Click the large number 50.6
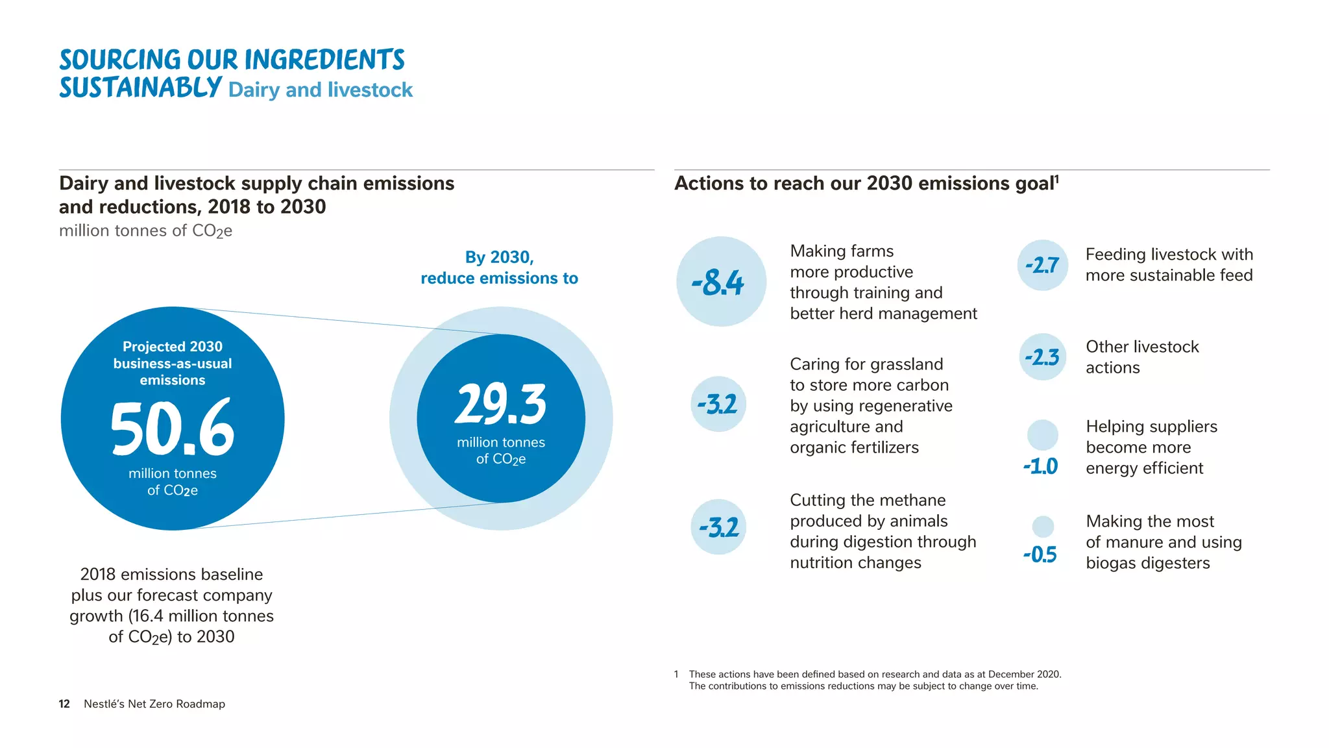click(172, 428)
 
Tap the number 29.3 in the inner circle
click(500, 404)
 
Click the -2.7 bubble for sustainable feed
click(1042, 265)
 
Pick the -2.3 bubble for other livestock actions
click(1042, 357)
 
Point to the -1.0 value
click(1040, 466)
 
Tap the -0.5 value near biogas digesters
click(1040, 555)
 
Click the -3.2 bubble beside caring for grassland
click(718, 405)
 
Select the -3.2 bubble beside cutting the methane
click(718, 527)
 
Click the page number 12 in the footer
click(64, 704)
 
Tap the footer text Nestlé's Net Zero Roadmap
click(154, 704)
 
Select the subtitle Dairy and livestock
click(321, 90)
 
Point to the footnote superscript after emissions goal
click(1056, 178)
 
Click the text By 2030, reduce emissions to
click(499, 268)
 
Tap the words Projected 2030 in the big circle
click(173, 347)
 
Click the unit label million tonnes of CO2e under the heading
click(145, 231)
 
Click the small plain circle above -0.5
click(1042, 526)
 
